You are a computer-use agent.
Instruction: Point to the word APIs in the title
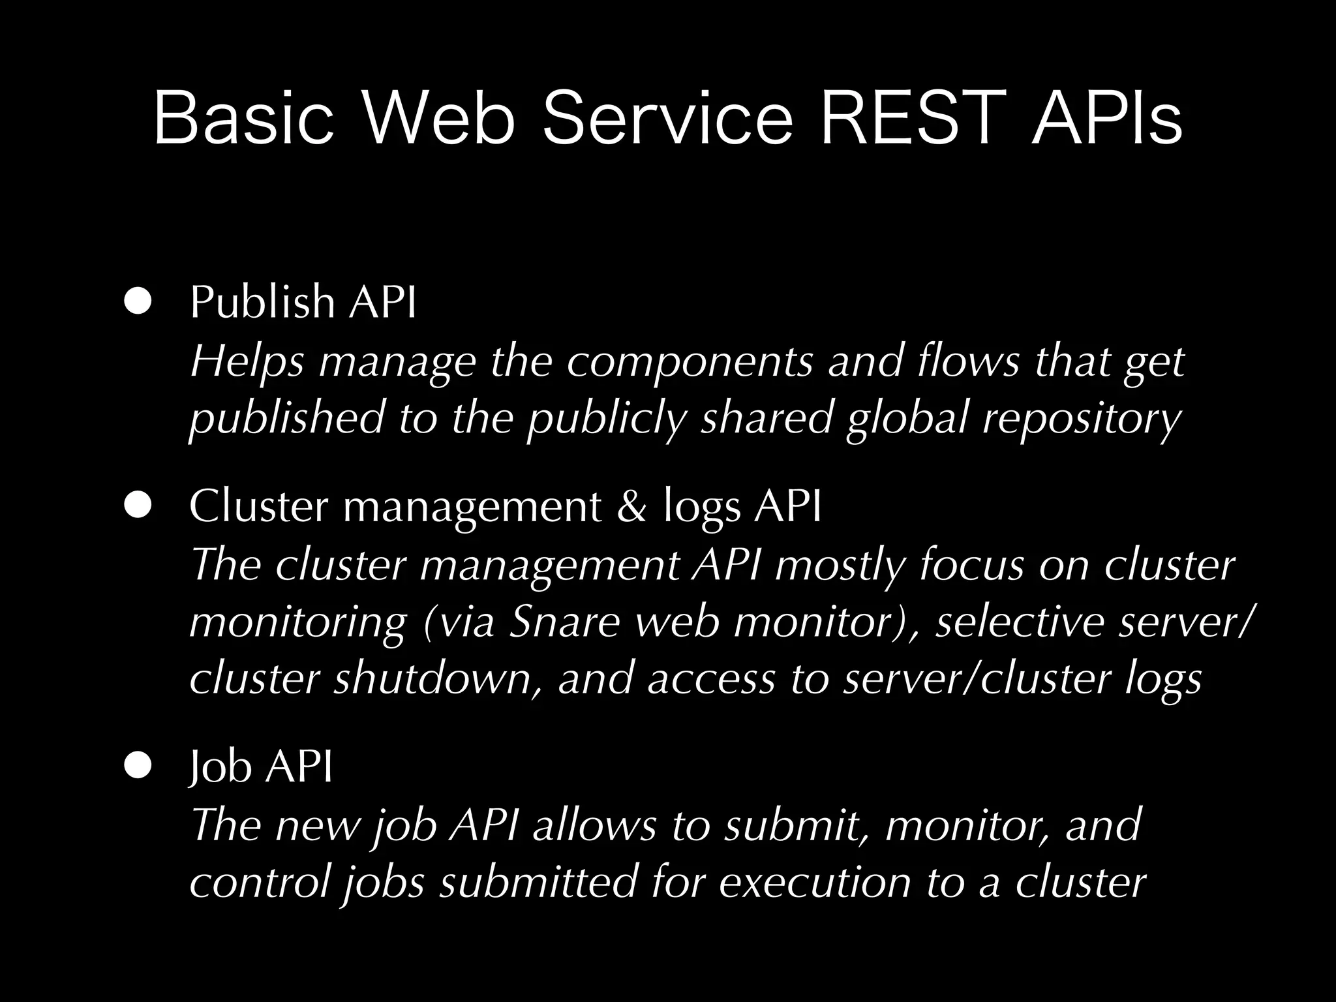(x=1107, y=118)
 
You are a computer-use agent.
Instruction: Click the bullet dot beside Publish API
(x=138, y=301)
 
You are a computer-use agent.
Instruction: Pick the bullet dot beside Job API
(x=138, y=766)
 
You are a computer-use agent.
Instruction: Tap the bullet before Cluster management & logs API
(x=138, y=505)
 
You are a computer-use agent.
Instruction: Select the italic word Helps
(x=247, y=362)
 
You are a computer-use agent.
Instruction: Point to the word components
(x=689, y=362)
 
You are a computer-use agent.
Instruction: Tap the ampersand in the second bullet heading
(x=631, y=506)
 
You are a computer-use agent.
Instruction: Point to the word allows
(x=594, y=825)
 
